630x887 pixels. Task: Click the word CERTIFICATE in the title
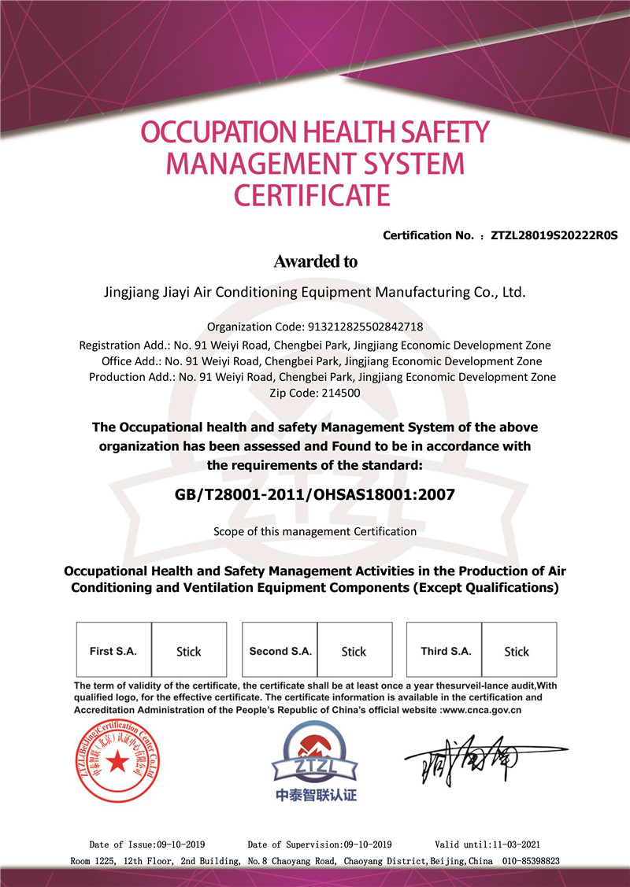point(314,194)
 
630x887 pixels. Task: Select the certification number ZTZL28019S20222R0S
point(554,235)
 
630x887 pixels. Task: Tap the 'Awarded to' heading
point(315,261)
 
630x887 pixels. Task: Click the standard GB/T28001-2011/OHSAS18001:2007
point(314,495)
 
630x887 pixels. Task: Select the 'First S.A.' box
point(113,651)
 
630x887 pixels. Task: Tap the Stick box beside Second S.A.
point(354,651)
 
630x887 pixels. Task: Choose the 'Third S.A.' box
point(446,651)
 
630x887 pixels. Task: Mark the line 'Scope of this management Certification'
point(314,531)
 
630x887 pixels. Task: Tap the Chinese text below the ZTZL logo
point(316,795)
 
